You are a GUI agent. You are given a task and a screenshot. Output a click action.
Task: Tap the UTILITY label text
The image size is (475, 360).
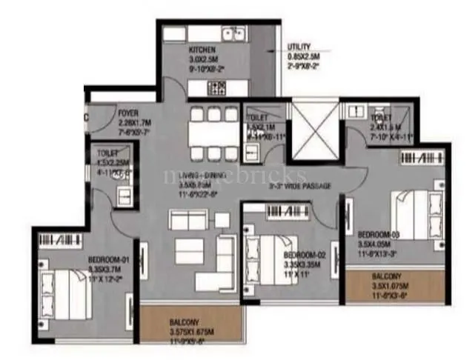coord(299,46)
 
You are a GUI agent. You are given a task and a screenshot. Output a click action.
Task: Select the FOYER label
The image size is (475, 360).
coord(128,113)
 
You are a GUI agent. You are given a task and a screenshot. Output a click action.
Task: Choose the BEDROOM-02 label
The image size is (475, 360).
coord(303,254)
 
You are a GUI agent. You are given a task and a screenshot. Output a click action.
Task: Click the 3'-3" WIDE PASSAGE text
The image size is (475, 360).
coord(299,186)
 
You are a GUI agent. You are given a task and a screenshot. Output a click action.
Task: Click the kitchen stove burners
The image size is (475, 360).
coord(217,88)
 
